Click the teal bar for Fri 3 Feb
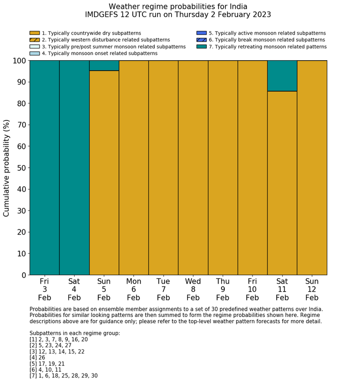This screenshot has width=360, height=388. tap(44, 167)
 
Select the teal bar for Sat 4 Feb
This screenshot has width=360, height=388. tap(74, 167)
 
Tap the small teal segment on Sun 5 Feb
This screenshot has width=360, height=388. tap(104, 65)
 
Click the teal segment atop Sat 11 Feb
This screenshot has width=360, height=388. tap(282, 76)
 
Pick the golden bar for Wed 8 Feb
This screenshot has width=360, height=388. tap(193, 167)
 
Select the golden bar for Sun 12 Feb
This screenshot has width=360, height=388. tap(312, 167)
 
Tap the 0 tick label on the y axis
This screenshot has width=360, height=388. tap(23, 275)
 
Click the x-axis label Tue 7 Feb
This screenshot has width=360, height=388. tap(163, 289)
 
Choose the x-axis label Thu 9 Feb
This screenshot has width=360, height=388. tap(223, 289)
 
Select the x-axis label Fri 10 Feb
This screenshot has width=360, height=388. tap(252, 289)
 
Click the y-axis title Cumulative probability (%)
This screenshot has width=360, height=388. tap(7, 168)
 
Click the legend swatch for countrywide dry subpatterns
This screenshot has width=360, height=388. tap(34, 33)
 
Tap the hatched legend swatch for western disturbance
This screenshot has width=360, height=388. tap(34, 40)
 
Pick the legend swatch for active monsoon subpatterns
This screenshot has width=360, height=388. tap(202, 33)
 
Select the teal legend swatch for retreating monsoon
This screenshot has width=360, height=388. tap(202, 46)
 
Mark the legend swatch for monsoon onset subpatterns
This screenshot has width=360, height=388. tap(34, 53)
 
